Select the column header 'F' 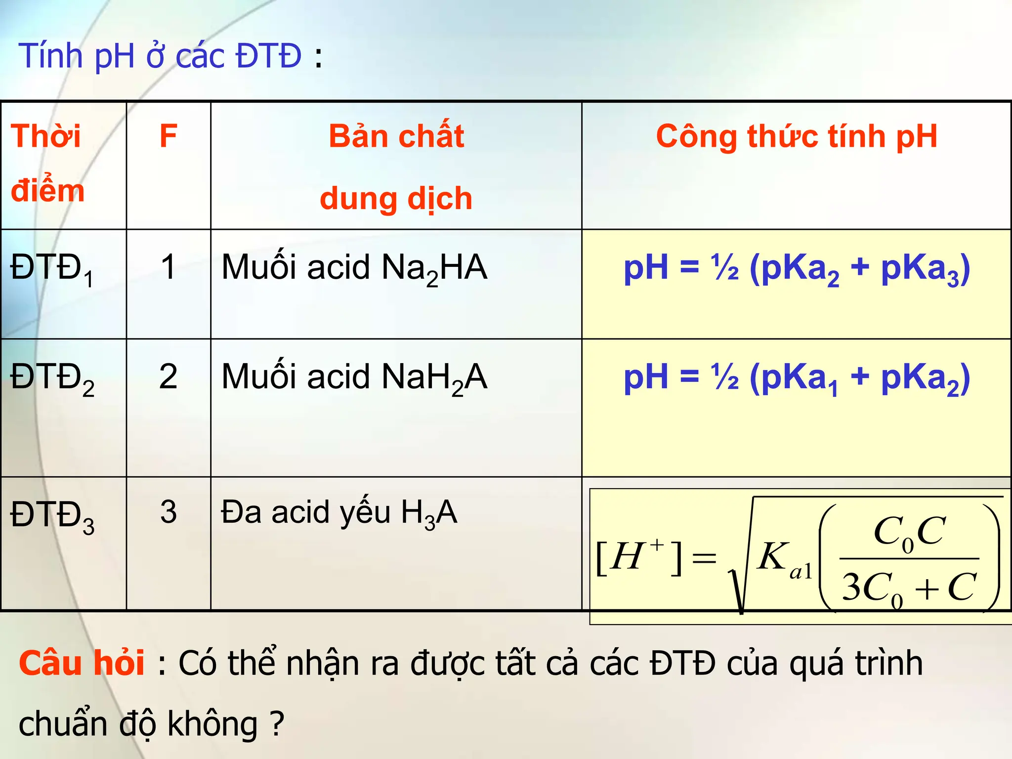[169, 136]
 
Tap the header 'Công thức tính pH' [796, 136]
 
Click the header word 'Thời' [45, 136]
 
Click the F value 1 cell [169, 267]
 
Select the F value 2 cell [169, 377]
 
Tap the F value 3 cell [169, 512]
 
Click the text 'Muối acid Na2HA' [354, 269]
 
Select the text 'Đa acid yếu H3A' [339, 513]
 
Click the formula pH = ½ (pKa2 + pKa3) [797, 269]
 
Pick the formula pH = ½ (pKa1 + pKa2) [797, 378]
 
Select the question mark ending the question [277, 723]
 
